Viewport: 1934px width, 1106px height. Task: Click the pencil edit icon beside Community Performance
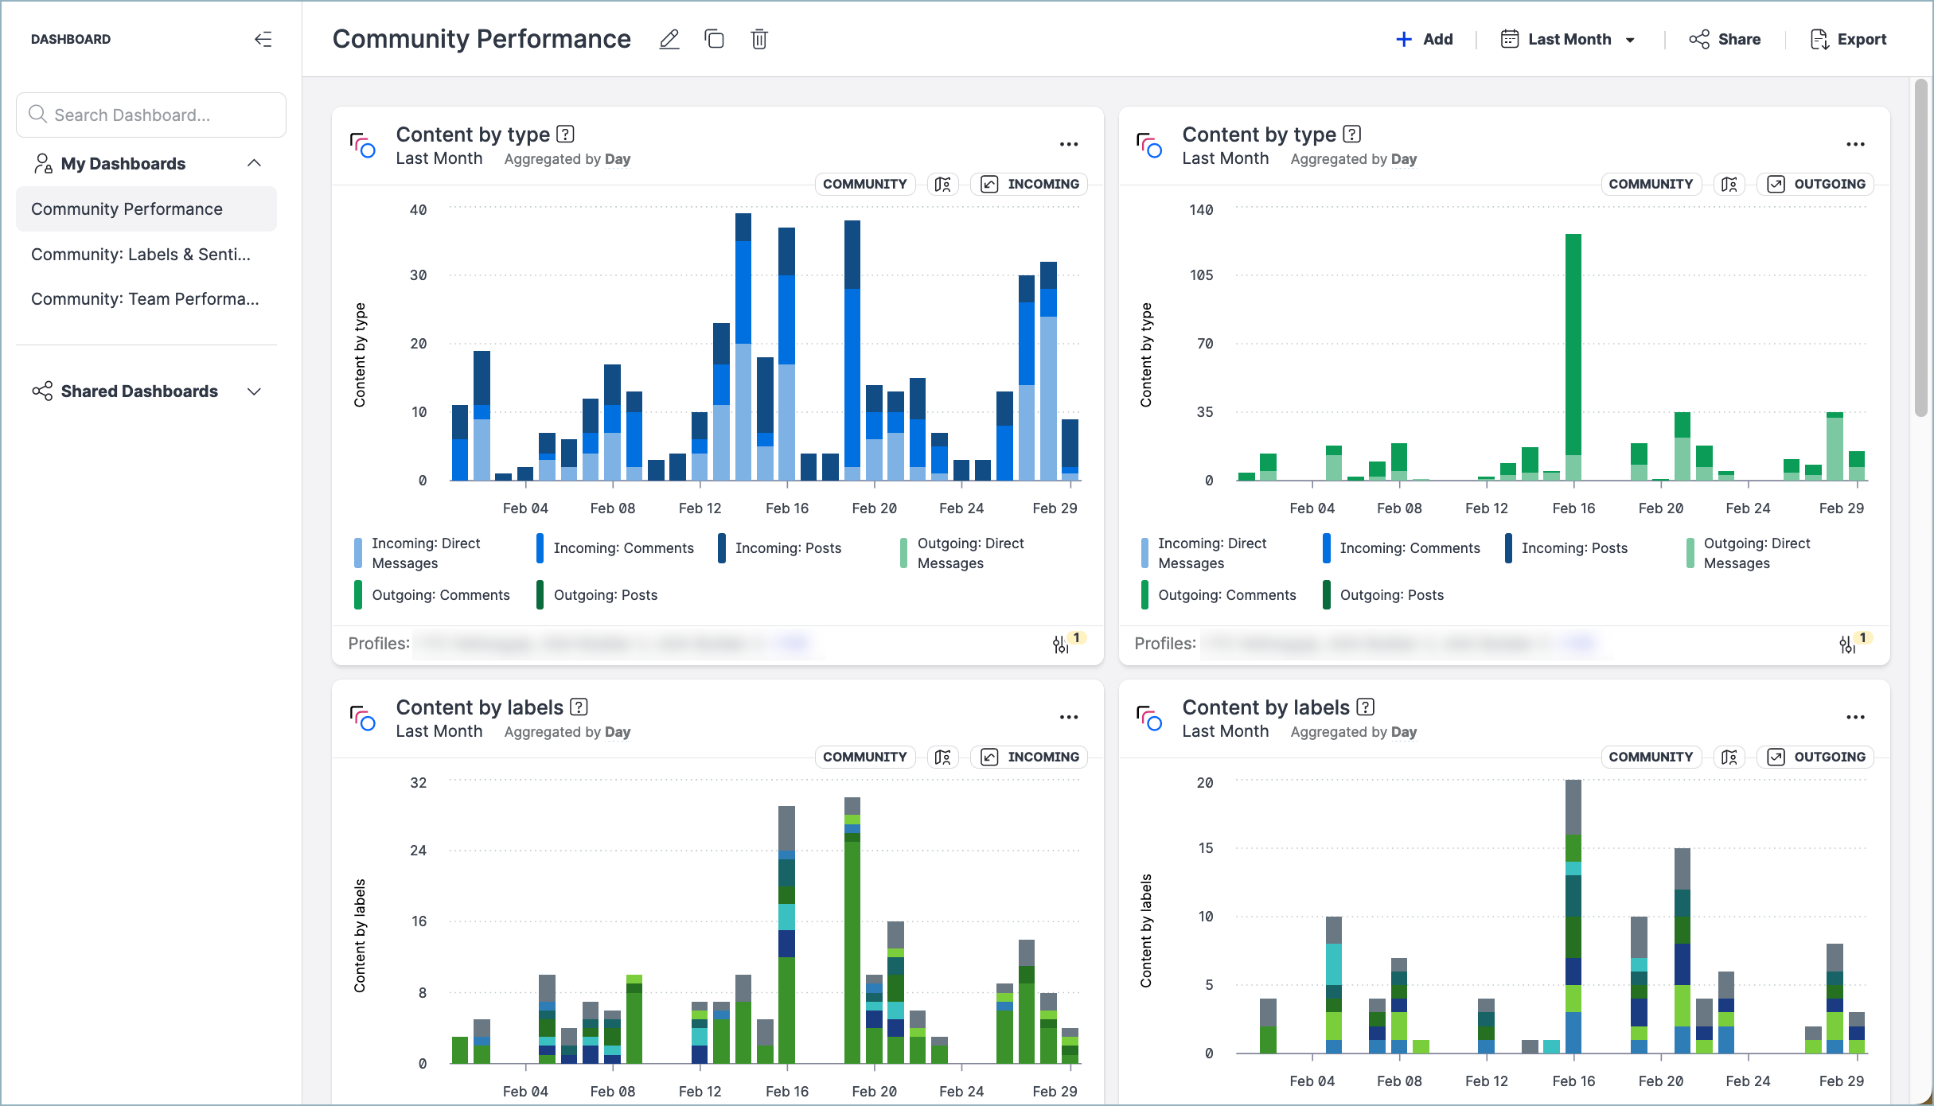[x=669, y=39]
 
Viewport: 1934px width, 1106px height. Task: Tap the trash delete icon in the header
[x=759, y=39]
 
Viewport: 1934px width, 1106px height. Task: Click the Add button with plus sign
[x=1425, y=39]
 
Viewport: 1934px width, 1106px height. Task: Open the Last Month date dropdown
[x=1568, y=39]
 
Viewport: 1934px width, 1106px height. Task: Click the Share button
[x=1725, y=39]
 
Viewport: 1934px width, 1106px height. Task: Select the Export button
[x=1848, y=39]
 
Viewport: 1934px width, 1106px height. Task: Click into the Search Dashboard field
[x=151, y=115]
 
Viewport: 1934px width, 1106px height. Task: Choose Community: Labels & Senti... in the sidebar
[x=141, y=255]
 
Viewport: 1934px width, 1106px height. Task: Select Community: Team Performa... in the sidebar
[x=145, y=299]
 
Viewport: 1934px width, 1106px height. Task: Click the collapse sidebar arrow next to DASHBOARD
[x=263, y=39]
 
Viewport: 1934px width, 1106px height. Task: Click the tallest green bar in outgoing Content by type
[x=1573, y=342]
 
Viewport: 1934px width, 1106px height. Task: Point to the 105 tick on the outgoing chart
[x=1201, y=275]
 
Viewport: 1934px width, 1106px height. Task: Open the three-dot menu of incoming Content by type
[x=1069, y=144]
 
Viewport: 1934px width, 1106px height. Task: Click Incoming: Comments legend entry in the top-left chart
[x=623, y=548]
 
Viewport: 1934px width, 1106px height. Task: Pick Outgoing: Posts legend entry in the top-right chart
[x=1391, y=595]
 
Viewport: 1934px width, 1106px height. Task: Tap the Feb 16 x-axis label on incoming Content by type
[x=786, y=508]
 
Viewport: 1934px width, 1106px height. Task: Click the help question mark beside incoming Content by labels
[x=579, y=707]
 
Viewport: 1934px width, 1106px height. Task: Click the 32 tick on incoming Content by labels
[x=419, y=783]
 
